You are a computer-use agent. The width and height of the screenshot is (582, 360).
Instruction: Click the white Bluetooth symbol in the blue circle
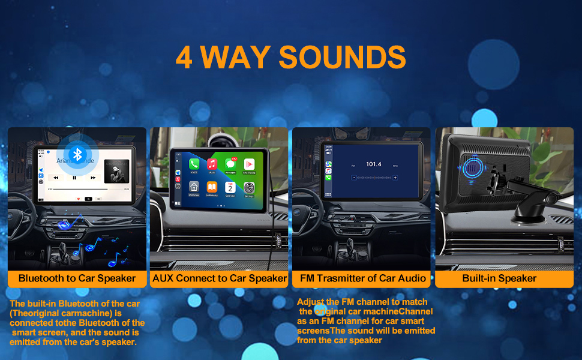pos(76,154)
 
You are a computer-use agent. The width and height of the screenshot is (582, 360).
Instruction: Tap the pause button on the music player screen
pos(74,178)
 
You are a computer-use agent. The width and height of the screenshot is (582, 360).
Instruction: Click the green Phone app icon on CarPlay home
pos(194,164)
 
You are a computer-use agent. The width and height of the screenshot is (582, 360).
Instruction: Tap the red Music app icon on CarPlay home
pos(212,164)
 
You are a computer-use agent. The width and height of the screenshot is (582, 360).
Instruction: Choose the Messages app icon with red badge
pos(230,163)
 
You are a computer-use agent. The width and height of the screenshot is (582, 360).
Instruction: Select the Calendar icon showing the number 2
pos(230,187)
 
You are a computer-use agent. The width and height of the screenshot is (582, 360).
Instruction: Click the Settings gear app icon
pos(248,187)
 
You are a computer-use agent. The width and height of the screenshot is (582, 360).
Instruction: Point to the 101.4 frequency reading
pos(373,164)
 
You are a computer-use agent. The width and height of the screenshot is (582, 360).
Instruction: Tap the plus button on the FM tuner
pos(395,178)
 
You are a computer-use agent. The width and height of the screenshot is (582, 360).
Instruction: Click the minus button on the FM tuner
pos(354,178)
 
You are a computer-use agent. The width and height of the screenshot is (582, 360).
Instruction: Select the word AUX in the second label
pos(164,278)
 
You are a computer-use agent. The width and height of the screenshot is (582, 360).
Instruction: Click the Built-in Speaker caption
pos(499,278)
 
